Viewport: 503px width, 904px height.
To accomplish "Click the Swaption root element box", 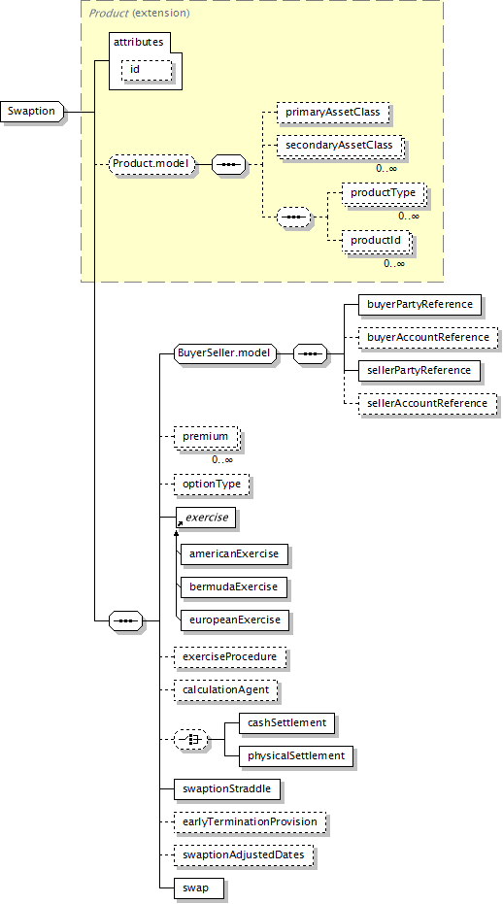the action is click(x=32, y=112).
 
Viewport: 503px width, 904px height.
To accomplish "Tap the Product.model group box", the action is click(x=151, y=164).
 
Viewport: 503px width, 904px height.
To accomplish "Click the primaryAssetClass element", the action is click(x=333, y=112).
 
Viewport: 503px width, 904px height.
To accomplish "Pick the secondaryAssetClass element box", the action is click(x=339, y=145).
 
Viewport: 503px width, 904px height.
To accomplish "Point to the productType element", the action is click(x=383, y=192).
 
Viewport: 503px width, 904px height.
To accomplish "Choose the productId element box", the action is click(x=376, y=240).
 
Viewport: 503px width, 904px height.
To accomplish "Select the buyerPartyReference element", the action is click(x=419, y=304).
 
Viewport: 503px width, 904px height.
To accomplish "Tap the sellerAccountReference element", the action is click(x=427, y=403).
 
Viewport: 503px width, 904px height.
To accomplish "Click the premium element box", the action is click(x=205, y=436).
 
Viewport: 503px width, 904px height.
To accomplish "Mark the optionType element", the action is click(x=212, y=484).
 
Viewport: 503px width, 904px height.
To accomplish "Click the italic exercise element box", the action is click(x=206, y=518).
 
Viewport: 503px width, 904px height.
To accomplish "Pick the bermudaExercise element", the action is click(x=234, y=586).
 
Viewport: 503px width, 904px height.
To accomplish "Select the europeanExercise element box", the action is click(x=235, y=619).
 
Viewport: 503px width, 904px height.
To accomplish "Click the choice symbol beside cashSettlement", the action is click(x=191, y=739).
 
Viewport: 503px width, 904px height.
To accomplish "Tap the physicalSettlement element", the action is click(x=296, y=755).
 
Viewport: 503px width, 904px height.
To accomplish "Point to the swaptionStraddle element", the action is click(x=226, y=788).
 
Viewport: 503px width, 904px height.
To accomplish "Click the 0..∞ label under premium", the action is click(x=222, y=460).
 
